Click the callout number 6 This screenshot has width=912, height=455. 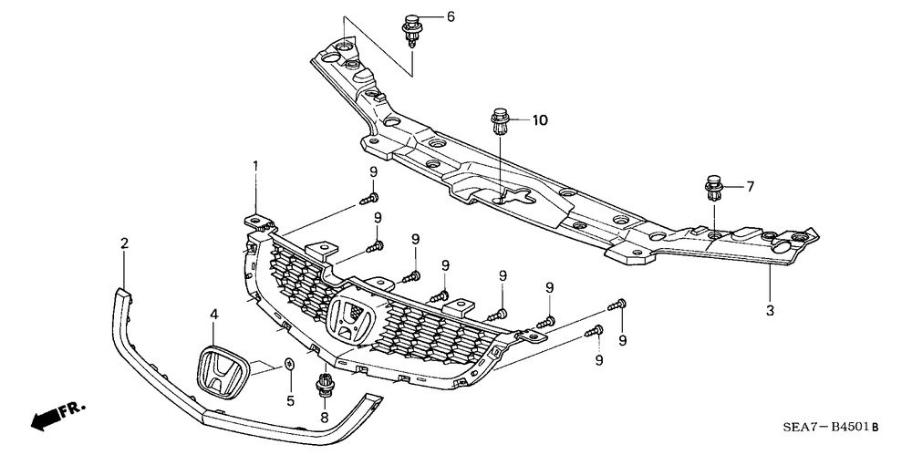point(451,17)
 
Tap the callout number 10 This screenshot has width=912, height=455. point(540,120)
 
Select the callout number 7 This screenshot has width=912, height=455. point(750,187)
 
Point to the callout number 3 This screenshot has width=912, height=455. point(770,311)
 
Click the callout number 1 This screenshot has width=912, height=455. point(254,167)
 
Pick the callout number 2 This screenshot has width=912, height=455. point(124,243)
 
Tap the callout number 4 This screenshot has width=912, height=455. point(214,315)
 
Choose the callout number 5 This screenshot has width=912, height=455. point(290,401)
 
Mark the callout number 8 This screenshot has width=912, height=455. point(324,417)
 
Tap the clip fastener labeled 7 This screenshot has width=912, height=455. point(714,187)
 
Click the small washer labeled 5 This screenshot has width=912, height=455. point(290,364)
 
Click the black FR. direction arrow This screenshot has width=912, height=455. point(46,419)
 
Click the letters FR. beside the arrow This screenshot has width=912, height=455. point(72,408)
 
